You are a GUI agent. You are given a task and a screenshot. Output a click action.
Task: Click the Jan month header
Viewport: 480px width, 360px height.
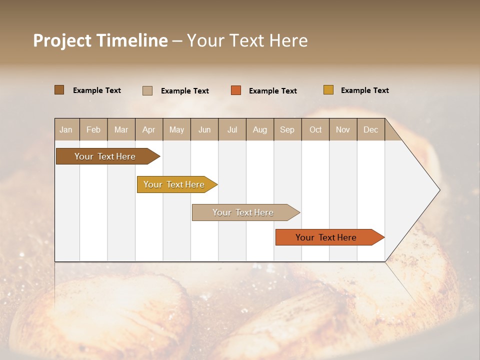click(66, 129)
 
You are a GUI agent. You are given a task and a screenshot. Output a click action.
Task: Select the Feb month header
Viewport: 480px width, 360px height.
click(93, 129)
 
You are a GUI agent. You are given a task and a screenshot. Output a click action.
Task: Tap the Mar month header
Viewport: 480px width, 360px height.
click(121, 129)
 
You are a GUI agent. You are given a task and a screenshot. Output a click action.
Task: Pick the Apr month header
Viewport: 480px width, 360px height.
click(149, 129)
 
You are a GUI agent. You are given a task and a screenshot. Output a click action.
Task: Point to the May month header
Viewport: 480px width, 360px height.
click(176, 129)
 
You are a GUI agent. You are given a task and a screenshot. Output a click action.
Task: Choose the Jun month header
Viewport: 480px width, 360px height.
click(204, 129)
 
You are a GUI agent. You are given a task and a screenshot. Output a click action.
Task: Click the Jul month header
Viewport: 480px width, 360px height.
click(232, 129)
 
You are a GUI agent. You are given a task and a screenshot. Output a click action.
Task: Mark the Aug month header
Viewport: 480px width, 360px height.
click(260, 129)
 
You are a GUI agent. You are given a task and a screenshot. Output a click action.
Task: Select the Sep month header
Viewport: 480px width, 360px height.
click(287, 129)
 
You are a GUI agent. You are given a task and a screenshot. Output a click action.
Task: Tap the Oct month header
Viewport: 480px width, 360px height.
click(315, 129)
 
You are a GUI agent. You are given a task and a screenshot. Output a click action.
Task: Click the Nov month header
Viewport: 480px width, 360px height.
click(343, 129)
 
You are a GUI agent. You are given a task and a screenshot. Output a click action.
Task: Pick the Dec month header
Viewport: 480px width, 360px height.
click(371, 129)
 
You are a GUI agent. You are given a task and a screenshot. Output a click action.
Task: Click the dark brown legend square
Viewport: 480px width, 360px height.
click(59, 90)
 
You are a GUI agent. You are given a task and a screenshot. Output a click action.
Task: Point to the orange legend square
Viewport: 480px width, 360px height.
click(236, 90)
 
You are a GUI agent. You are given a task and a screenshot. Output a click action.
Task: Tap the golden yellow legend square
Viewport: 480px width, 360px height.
click(328, 90)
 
